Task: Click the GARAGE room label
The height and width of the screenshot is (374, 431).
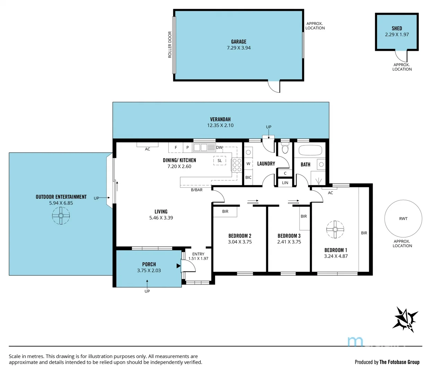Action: pyautogui.click(x=239, y=42)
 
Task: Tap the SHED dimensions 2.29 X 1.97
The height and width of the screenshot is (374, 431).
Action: pyautogui.click(x=397, y=35)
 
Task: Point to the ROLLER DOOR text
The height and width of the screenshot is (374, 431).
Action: pyautogui.click(x=170, y=45)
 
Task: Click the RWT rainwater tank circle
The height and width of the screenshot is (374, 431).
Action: pyautogui.click(x=403, y=219)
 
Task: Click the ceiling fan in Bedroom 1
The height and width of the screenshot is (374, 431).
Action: pyautogui.click(x=335, y=230)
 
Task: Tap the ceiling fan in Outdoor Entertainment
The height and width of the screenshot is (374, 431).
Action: pyautogui.click(x=61, y=216)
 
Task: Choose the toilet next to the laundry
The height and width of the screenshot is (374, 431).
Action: pyautogui.click(x=285, y=149)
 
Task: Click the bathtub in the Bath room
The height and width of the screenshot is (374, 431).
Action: pyautogui.click(x=310, y=150)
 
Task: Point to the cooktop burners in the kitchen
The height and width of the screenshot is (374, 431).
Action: pyautogui.click(x=237, y=165)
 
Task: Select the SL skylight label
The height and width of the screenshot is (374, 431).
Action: pyautogui.click(x=220, y=161)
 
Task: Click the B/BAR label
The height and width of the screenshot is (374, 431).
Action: pyautogui.click(x=197, y=190)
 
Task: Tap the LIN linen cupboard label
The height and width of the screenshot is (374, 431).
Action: pyautogui.click(x=285, y=182)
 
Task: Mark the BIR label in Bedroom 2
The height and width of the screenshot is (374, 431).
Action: pyautogui.click(x=225, y=211)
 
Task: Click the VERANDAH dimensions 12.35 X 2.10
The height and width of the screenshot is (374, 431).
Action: pyautogui.click(x=220, y=125)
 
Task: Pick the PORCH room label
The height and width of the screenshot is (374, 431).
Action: pyautogui.click(x=149, y=264)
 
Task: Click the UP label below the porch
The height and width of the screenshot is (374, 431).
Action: pyautogui.click(x=147, y=291)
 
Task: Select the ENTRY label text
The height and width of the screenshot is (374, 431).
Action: pyautogui.click(x=198, y=254)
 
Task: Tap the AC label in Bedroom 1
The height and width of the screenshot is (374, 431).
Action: pyautogui.click(x=331, y=193)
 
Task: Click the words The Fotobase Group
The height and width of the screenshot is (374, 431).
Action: pyautogui.click(x=399, y=362)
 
